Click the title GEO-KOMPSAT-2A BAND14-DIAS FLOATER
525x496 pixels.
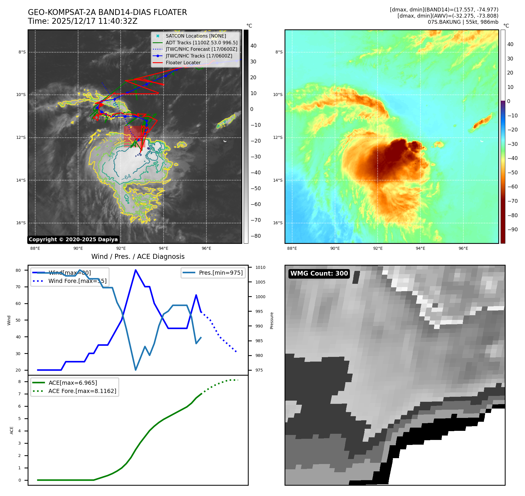click(x=107, y=13)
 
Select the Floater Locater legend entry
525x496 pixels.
click(x=183, y=63)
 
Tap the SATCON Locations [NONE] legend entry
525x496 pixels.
click(x=196, y=36)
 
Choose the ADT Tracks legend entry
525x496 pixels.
click(x=201, y=43)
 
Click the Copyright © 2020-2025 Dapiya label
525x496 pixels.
click(x=73, y=239)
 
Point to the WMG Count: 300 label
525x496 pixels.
click(x=319, y=274)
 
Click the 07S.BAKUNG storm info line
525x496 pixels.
click(x=463, y=22)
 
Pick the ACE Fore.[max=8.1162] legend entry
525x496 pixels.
click(x=82, y=391)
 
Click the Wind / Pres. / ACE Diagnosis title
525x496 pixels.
click(x=138, y=257)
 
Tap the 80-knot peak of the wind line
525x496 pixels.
click(x=136, y=270)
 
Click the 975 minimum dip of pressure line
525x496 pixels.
click(x=136, y=370)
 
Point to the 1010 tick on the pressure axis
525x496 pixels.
click(x=260, y=268)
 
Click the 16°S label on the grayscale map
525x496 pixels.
click(x=21, y=223)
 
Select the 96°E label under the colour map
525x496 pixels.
click(x=463, y=249)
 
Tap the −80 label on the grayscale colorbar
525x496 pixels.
click(x=255, y=236)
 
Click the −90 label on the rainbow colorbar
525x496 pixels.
click(x=512, y=230)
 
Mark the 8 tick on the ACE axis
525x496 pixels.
click(x=20, y=382)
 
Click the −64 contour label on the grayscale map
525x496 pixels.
click(x=127, y=177)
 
